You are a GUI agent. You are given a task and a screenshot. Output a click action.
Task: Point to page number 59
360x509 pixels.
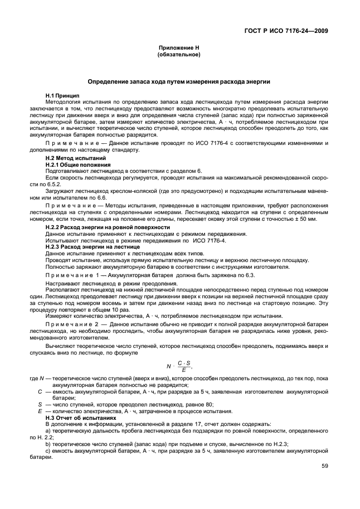tap(324, 467)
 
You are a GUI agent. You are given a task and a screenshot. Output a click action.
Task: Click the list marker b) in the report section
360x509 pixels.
tap(48, 443)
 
